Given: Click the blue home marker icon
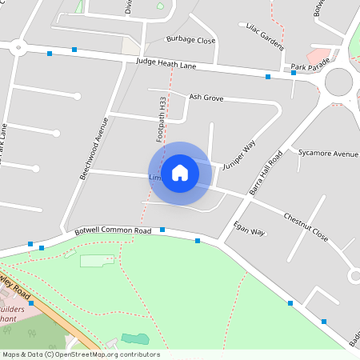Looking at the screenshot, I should pos(180,173).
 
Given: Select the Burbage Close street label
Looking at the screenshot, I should pos(190,39).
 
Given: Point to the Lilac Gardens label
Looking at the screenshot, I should pos(265,36).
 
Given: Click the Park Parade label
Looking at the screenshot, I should pos(309,67).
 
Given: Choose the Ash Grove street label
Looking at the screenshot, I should pos(206,97).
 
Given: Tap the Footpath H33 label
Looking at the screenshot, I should pos(162,121).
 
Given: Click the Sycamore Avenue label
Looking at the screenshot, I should pos(327,153).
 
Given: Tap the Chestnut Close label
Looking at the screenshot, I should pos(306,226).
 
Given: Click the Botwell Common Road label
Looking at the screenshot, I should pos(113,230).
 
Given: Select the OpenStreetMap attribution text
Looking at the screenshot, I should pos(81,354).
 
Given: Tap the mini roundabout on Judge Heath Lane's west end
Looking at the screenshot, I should pos(17,48).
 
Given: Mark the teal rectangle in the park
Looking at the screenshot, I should pos(134,339).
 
